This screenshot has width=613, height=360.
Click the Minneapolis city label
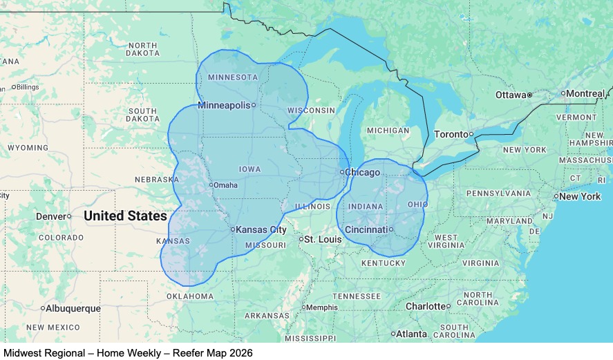(x=223, y=105)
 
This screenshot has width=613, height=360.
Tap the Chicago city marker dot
(x=342, y=172)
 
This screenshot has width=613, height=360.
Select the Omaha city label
(x=225, y=185)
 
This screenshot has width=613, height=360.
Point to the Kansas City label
(x=261, y=229)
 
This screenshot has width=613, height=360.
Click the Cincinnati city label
(x=366, y=229)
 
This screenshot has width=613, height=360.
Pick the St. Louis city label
(x=323, y=240)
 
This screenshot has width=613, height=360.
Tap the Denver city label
(x=50, y=216)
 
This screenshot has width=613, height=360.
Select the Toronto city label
(x=451, y=134)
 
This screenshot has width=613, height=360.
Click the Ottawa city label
(x=511, y=94)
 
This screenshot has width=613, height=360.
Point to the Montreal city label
(x=585, y=93)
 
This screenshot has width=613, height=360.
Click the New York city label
(x=580, y=196)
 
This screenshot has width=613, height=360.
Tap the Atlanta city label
(x=412, y=334)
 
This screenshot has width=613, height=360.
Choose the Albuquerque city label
(x=73, y=308)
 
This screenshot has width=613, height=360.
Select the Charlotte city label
(x=426, y=306)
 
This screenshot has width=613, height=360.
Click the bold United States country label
(x=125, y=216)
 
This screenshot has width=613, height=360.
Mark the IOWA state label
(x=249, y=169)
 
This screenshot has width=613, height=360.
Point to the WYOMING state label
(x=28, y=148)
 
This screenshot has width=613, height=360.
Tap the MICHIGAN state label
(x=388, y=131)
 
